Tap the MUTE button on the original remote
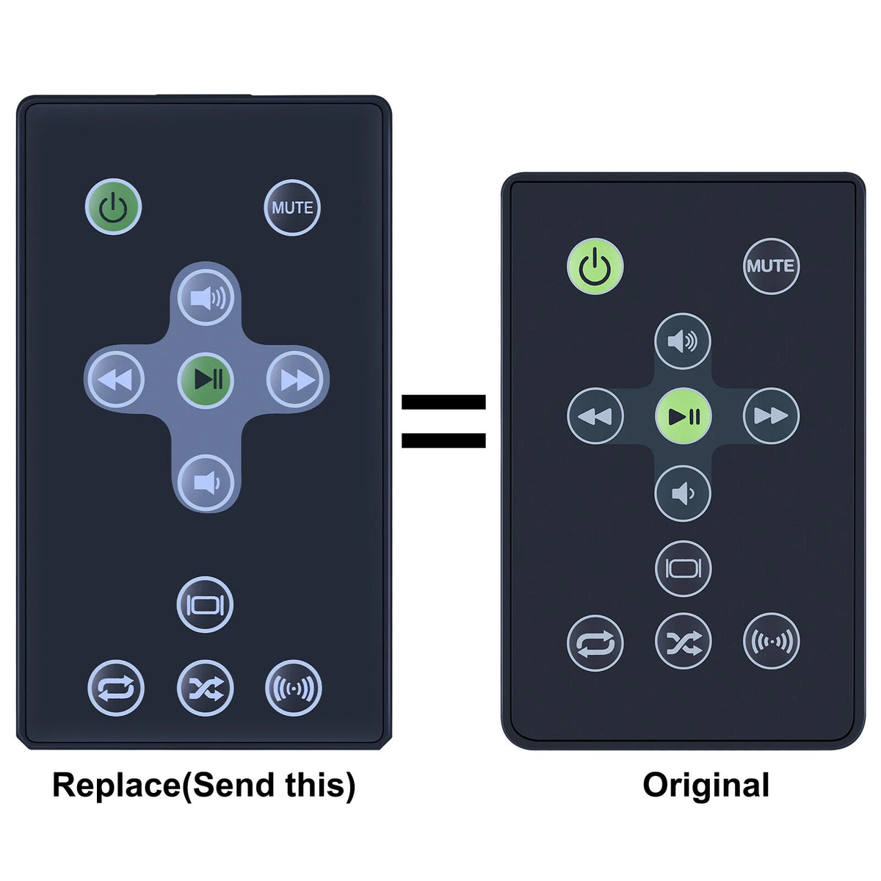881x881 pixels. (771, 266)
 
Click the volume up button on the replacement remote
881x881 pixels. (206, 297)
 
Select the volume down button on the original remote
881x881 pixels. (683, 493)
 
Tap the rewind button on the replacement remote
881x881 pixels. (116, 379)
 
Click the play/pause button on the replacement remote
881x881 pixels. (206, 380)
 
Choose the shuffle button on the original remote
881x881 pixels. (683, 640)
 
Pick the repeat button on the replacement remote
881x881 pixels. (116, 688)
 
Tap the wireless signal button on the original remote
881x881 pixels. (772, 640)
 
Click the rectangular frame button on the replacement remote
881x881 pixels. (205, 604)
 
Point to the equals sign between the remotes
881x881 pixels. (443, 421)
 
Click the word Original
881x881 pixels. (706, 786)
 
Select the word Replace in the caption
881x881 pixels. (117, 785)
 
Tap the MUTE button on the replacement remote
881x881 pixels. (292, 208)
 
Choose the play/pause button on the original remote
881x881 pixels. (683, 416)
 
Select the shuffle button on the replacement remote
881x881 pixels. (206, 688)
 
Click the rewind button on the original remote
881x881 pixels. (595, 416)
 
